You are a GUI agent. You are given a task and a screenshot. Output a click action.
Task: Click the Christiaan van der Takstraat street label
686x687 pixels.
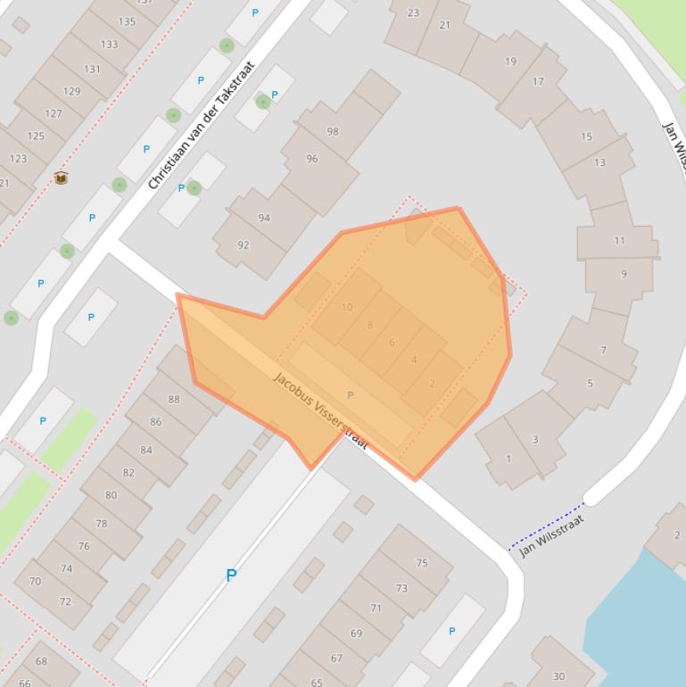tap(202, 125)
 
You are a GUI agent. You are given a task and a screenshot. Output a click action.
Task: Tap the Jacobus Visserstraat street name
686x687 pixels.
tap(320, 410)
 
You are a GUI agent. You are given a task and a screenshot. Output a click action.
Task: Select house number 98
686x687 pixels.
tap(333, 131)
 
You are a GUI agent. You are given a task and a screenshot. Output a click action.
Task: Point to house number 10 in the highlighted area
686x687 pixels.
tap(347, 307)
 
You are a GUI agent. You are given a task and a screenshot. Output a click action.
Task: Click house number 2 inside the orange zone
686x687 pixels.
tap(432, 384)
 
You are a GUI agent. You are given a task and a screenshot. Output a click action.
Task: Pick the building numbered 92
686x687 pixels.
tap(244, 244)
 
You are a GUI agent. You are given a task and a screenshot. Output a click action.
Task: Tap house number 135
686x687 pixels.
tap(127, 21)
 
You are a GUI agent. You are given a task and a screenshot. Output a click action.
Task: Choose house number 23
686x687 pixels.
tap(413, 12)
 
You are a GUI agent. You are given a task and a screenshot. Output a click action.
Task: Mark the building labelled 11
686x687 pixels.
tap(620, 241)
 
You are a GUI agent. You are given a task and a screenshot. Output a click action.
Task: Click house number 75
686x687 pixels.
tap(422, 563)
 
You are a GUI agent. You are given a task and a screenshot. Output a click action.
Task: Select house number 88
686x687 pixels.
tap(174, 399)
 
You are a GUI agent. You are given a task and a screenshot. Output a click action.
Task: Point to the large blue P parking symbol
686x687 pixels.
tap(231, 575)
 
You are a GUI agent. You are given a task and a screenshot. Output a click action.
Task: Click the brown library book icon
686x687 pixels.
tap(61, 178)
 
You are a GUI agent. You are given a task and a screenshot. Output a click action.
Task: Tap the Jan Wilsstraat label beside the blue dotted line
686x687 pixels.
tap(552, 535)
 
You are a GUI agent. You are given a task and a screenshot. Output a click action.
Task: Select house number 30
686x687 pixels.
tap(559, 676)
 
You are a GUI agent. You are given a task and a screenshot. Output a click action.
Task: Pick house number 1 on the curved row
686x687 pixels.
tap(508, 459)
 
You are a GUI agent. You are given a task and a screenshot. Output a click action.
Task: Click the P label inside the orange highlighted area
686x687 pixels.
tap(350, 395)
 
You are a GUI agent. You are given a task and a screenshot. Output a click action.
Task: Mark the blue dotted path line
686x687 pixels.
tap(546, 526)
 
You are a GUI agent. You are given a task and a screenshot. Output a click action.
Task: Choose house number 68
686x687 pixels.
tap(41, 661)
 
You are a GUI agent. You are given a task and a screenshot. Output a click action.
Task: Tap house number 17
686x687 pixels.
tap(538, 81)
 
